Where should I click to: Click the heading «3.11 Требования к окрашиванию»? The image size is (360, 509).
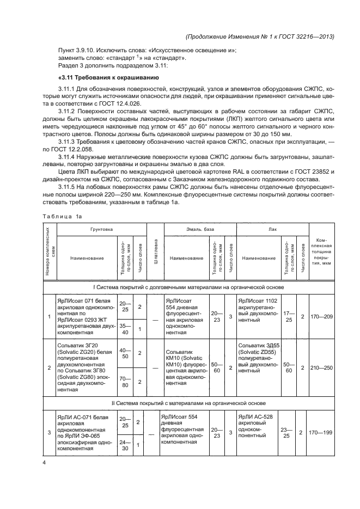pyautogui.click(x=100, y=77)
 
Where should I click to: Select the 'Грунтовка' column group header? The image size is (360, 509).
pyautogui.click(x=102, y=230)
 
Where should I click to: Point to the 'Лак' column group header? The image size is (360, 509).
pyautogui.click(x=272, y=230)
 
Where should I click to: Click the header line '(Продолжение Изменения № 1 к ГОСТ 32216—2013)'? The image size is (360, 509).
pyautogui.click(x=260, y=36)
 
